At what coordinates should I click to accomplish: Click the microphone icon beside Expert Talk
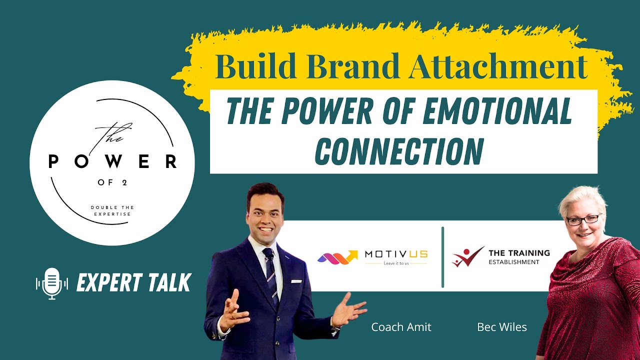(x=52, y=283)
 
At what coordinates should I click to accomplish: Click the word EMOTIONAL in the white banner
(x=497, y=112)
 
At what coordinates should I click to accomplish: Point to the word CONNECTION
(x=399, y=151)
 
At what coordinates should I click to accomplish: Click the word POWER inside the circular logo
(x=112, y=161)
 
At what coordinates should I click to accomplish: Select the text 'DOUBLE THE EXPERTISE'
(x=112, y=210)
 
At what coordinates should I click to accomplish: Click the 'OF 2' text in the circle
(x=112, y=182)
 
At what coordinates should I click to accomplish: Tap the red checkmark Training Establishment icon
(x=467, y=256)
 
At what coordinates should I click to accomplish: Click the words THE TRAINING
(x=519, y=253)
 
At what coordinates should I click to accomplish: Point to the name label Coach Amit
(x=401, y=327)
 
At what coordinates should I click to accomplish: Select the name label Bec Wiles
(x=502, y=327)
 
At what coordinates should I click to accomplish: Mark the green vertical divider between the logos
(x=442, y=257)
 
